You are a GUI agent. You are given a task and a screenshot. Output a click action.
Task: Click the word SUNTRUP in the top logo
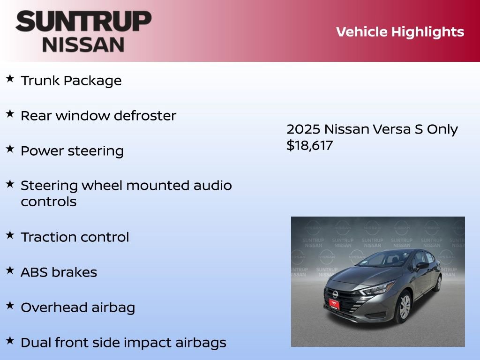tap(83, 22)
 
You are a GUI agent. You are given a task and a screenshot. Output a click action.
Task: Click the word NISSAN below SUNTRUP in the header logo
tap(83, 45)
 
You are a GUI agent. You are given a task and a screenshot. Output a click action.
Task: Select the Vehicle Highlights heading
tap(400, 32)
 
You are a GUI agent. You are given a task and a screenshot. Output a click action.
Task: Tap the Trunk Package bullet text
tap(71, 81)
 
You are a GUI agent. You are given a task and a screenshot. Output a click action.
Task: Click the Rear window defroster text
tap(98, 116)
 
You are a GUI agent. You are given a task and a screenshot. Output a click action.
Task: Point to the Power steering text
tap(72, 151)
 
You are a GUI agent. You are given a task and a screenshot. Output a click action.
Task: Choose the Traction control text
tap(75, 237)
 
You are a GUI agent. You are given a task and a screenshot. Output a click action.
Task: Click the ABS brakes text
tap(59, 272)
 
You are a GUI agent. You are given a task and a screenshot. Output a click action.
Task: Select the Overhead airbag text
tap(78, 307)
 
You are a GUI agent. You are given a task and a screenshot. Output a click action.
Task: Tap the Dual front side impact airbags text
tap(123, 343)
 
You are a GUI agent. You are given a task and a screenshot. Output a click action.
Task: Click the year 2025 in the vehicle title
tap(303, 129)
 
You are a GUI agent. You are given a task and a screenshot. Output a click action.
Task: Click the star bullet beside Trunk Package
tap(10, 79)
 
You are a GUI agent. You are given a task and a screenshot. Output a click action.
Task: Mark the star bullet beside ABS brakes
tap(10, 270)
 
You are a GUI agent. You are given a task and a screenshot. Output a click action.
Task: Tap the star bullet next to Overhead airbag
tap(10, 306)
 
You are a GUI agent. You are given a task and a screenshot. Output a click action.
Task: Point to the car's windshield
tap(384, 259)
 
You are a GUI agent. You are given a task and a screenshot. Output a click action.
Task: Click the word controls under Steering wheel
tap(49, 202)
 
